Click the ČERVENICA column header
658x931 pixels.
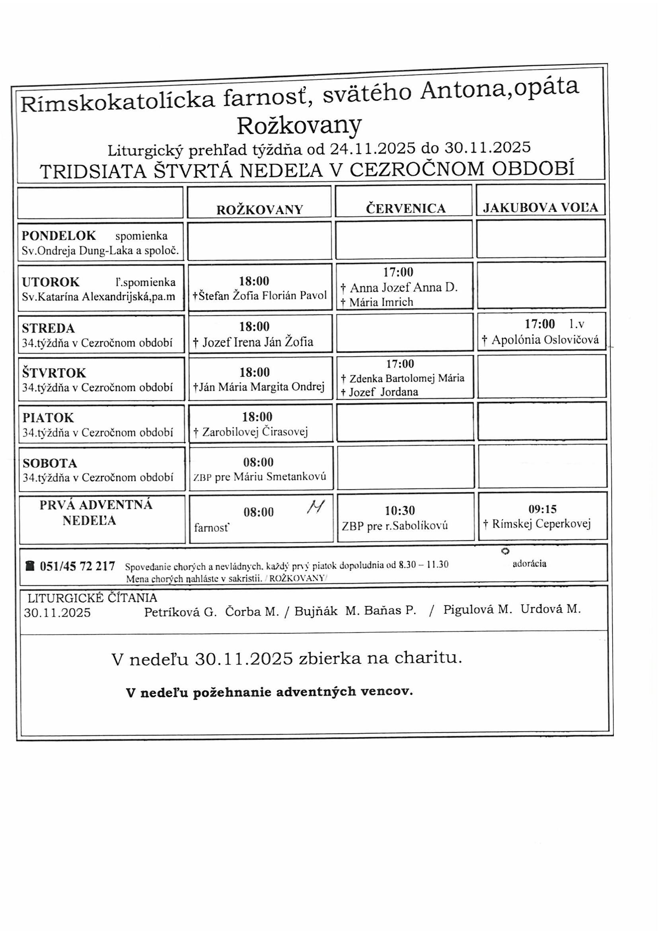[405, 208]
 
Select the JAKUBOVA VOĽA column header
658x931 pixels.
[541, 207]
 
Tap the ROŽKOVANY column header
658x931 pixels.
[260, 209]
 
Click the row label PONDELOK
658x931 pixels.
[59, 236]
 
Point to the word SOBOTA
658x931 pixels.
[50, 463]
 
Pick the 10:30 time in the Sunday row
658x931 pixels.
[400, 510]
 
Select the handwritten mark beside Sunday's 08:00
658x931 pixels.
[316, 507]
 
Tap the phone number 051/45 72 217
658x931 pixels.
[78, 566]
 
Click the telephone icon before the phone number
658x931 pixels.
[30, 566]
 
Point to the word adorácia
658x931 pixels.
[529, 563]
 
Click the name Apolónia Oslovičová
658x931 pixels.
[545, 340]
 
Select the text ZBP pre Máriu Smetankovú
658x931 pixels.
[260, 477]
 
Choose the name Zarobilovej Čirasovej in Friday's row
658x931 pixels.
[255, 432]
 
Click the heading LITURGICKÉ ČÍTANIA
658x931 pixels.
[92, 598]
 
